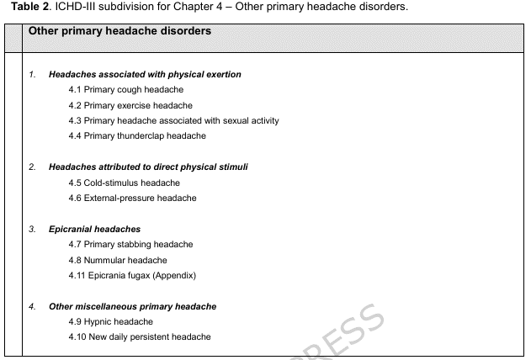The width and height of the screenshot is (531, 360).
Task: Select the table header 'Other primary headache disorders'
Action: [x=119, y=31]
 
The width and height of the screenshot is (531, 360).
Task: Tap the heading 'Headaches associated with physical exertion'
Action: [x=145, y=75]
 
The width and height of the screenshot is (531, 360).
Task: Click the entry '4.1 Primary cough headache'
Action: [x=126, y=90]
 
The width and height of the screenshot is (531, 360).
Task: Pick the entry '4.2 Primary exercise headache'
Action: [x=130, y=105]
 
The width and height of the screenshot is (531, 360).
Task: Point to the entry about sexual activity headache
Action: [x=174, y=120]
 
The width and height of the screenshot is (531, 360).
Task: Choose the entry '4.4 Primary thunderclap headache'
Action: [x=137, y=135]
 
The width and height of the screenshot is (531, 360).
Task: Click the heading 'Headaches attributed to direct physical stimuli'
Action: [x=148, y=167]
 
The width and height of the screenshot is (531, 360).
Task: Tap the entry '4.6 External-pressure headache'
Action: [x=133, y=198]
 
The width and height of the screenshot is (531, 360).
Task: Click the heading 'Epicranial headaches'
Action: [x=94, y=229]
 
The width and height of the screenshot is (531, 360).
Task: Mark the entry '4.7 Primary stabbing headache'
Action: [x=131, y=244]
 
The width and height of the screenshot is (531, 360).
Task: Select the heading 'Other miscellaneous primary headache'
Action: [x=132, y=306]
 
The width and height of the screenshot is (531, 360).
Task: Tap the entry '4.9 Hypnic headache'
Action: [x=111, y=321]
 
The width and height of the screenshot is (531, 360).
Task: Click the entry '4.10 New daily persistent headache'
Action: [x=140, y=336]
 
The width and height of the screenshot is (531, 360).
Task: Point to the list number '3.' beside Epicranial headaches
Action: [x=32, y=229]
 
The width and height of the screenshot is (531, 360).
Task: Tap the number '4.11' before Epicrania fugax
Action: [x=78, y=275]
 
